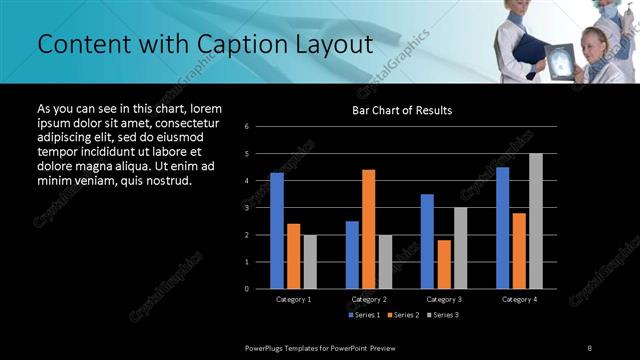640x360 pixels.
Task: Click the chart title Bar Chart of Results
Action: tap(401, 110)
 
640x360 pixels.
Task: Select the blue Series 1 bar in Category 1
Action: tap(276, 230)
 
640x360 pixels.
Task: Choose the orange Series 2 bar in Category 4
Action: tap(519, 250)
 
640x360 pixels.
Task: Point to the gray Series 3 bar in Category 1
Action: tap(310, 261)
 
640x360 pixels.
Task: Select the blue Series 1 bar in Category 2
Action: tap(352, 254)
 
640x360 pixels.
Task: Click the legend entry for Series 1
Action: tap(363, 315)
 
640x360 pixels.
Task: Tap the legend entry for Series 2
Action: tap(403, 315)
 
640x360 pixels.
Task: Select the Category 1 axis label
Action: tap(293, 299)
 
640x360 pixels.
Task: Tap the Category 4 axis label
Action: tap(519, 299)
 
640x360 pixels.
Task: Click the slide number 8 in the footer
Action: tap(590, 347)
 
